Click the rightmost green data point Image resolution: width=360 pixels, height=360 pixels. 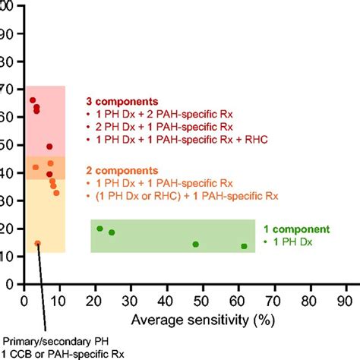pyautogui.click(x=244, y=246)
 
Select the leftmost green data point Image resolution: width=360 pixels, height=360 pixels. pyautogui.click(x=99, y=229)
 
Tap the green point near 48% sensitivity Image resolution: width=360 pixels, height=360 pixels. pyautogui.click(x=195, y=245)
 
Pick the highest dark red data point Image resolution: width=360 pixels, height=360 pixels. pyautogui.click(x=33, y=100)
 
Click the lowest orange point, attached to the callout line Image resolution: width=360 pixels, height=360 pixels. pyautogui.click(x=37, y=244)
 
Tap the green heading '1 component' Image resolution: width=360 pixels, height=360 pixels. pyautogui.click(x=302, y=229)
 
